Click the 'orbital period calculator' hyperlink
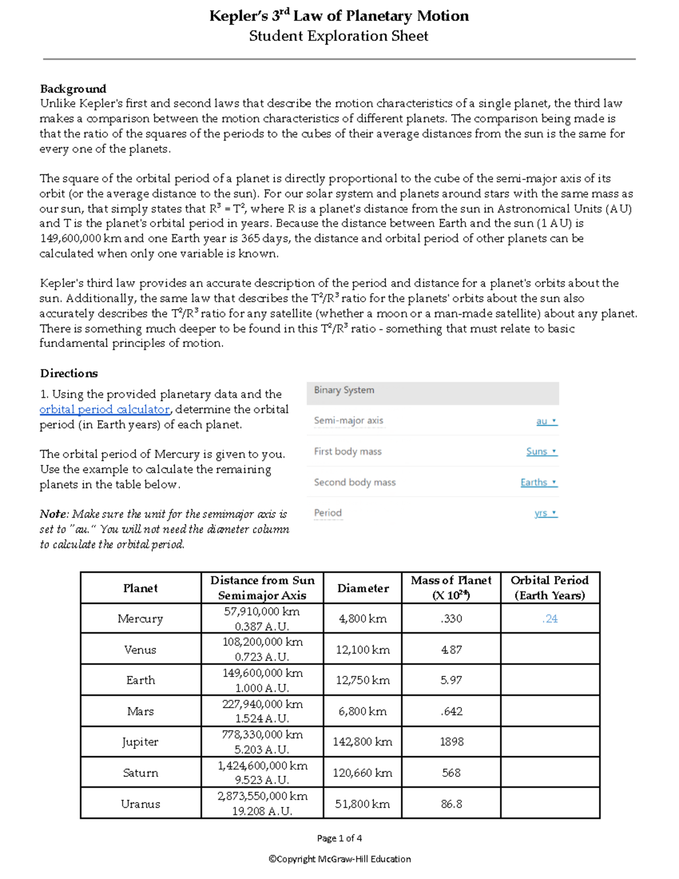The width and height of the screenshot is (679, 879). tap(105, 409)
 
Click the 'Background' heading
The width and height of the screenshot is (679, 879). tap(73, 89)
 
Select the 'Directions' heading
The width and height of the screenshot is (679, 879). tap(69, 374)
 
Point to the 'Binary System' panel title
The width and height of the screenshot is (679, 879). tap(344, 390)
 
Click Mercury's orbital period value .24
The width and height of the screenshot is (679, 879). tap(550, 619)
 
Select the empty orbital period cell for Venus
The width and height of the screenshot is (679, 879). tap(550, 649)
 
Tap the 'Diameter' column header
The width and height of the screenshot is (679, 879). tap(363, 588)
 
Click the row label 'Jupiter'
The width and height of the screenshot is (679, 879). tap(140, 742)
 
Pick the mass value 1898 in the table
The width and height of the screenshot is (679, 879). tap(452, 742)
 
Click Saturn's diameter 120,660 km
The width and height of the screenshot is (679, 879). tap(363, 773)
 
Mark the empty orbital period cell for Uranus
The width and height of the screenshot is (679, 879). tap(550, 804)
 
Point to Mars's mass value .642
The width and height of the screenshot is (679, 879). tap(452, 711)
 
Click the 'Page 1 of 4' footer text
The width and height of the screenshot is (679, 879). tap(339, 838)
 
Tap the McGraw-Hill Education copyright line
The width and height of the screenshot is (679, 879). tap(339, 859)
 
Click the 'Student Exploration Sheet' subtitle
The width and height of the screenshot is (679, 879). tap(338, 36)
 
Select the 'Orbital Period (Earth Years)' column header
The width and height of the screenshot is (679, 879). tap(550, 588)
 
